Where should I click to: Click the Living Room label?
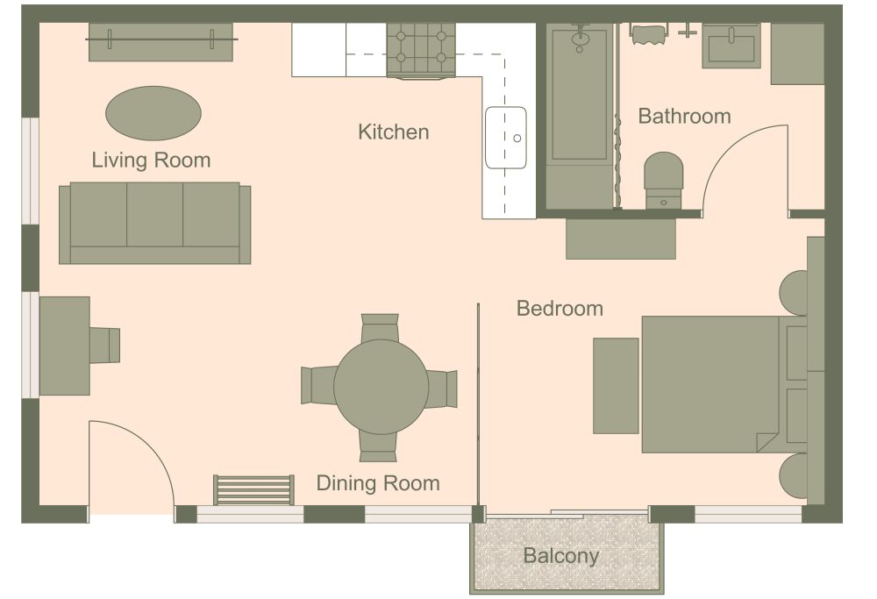(x=151, y=160)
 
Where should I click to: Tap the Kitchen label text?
(x=393, y=132)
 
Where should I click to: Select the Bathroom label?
(x=684, y=116)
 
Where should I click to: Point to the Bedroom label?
(x=560, y=309)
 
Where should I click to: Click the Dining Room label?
(x=377, y=483)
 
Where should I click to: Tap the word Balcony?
(x=560, y=555)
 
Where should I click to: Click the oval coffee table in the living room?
(x=153, y=113)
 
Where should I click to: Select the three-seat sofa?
(x=154, y=223)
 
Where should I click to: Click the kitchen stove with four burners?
(x=421, y=49)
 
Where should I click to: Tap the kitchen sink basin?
(x=506, y=138)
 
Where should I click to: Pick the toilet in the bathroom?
(x=663, y=180)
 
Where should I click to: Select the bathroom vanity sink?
(x=731, y=46)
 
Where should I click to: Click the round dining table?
(x=381, y=387)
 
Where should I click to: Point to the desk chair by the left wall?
(x=104, y=345)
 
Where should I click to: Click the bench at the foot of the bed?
(x=616, y=385)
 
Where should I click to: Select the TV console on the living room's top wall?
(x=160, y=42)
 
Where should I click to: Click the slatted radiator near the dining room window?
(x=253, y=490)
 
